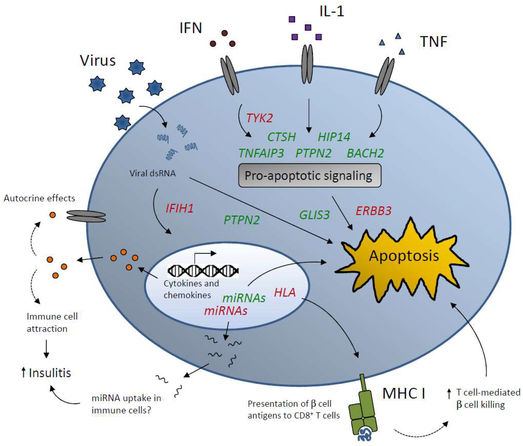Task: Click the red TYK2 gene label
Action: [260, 118]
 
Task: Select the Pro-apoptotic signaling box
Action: [310, 176]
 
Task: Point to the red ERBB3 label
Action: [374, 211]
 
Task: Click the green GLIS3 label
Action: [315, 215]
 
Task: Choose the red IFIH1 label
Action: [180, 209]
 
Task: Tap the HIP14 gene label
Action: [334, 137]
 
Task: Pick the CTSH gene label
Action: [282, 137]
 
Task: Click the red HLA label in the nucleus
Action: [285, 292]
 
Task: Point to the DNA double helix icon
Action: [203, 271]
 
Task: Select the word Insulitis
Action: [50, 373]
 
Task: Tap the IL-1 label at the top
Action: [332, 11]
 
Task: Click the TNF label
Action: [434, 42]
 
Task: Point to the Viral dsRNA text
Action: [152, 173]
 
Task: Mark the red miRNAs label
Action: [226, 311]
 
